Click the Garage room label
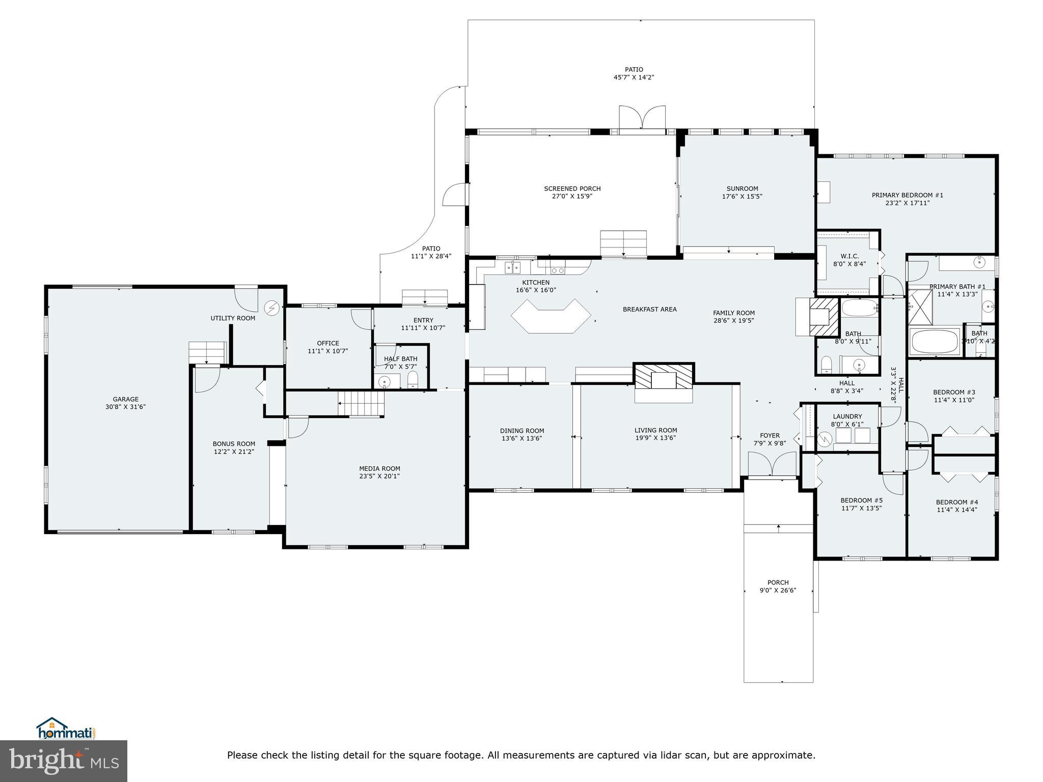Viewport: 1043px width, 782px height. [125, 399]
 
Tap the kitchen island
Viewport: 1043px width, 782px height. [551, 316]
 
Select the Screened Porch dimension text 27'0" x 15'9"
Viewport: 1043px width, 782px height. [572, 196]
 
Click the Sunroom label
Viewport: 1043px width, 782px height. [742, 188]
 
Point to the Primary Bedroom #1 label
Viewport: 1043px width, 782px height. [907, 195]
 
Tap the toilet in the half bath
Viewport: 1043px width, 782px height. [413, 379]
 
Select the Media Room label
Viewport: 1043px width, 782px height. [379, 468]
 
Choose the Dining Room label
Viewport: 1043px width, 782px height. [521, 431]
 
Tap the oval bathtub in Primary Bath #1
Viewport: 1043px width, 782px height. [935, 342]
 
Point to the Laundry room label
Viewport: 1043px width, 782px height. [847, 416]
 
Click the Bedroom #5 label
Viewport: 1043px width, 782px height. [861, 500]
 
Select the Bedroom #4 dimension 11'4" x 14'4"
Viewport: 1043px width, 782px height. [956, 510]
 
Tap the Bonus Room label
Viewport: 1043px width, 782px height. [234, 443]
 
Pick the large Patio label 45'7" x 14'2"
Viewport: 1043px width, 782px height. [634, 77]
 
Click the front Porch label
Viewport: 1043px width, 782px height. [778, 582]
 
